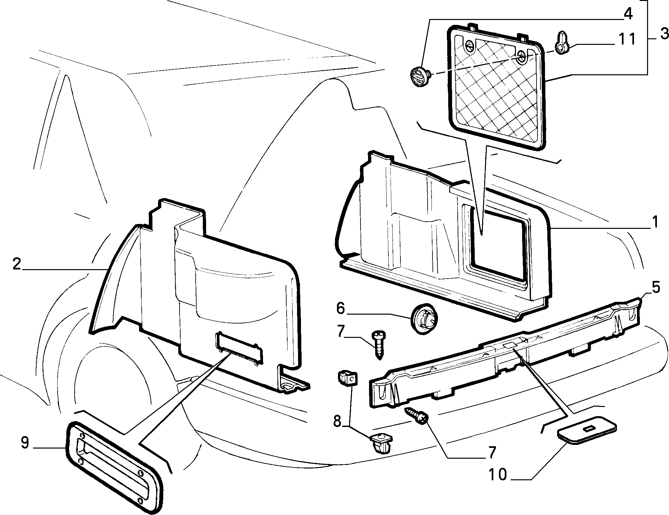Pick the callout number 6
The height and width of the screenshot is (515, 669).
340,309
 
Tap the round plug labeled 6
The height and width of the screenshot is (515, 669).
424,319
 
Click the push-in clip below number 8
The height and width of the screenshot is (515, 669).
381,443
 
